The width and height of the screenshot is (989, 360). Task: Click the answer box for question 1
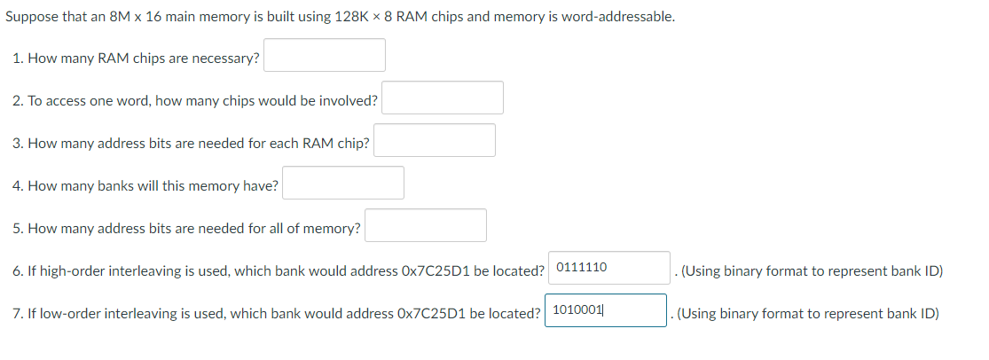point(325,55)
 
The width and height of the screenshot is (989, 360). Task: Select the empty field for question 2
point(443,98)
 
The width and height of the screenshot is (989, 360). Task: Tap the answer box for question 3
point(435,140)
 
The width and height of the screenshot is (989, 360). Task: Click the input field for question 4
point(343,183)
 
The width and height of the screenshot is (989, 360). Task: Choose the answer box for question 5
point(426,225)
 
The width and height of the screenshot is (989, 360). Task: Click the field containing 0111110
point(608,268)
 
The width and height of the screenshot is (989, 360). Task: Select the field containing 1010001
point(605,310)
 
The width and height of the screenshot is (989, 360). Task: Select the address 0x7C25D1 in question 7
point(432,314)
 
